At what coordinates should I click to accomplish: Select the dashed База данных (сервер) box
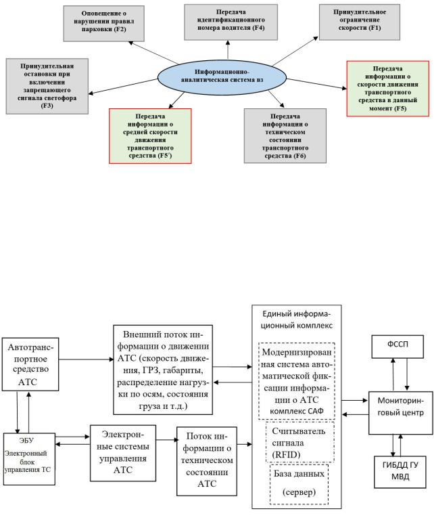pyautogui.click(x=297, y=483)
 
